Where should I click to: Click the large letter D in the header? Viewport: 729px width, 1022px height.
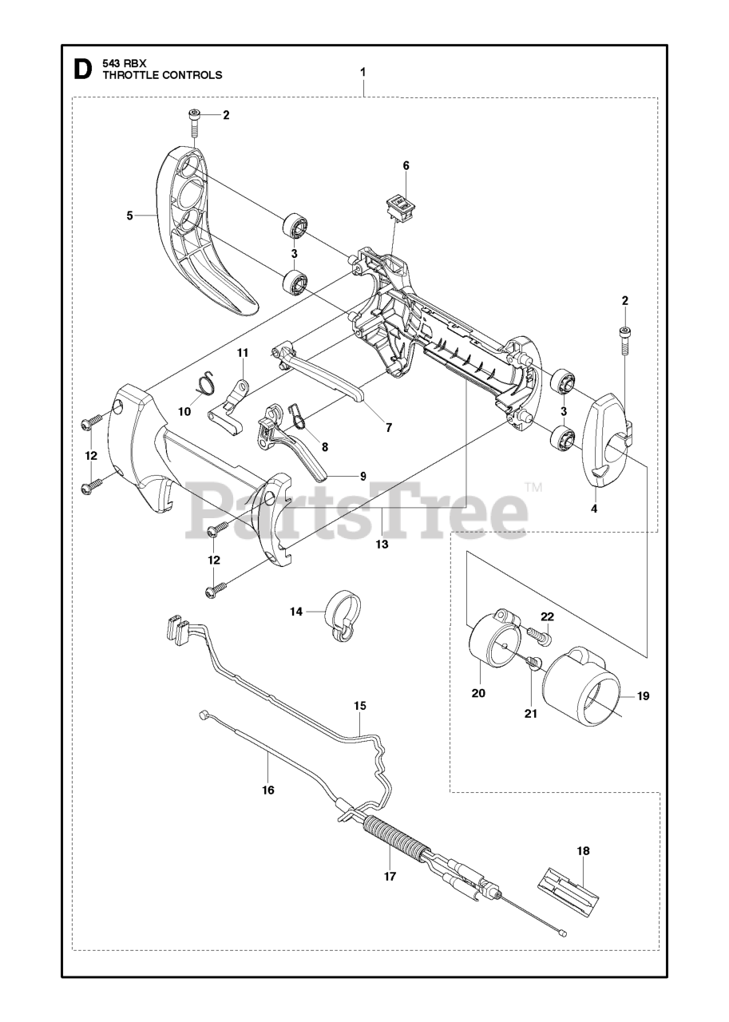(x=81, y=69)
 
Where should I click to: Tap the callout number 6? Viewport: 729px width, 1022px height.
(x=406, y=165)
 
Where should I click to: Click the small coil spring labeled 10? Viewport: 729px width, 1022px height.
(x=207, y=382)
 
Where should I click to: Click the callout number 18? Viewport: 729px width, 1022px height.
(x=584, y=851)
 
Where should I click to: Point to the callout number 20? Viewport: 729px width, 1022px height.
(x=478, y=693)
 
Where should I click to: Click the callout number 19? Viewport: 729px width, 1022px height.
(x=643, y=695)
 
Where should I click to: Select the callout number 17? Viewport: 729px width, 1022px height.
(x=390, y=875)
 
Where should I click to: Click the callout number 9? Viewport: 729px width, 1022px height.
(x=363, y=476)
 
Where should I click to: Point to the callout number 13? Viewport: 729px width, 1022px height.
(x=382, y=544)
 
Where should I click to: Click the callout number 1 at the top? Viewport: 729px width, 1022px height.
(x=363, y=72)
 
